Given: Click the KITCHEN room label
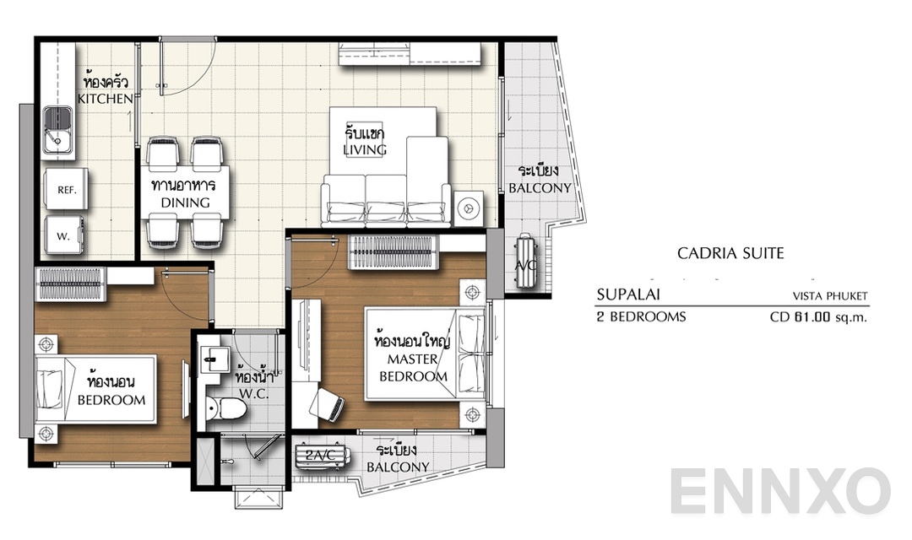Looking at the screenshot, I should (106, 99).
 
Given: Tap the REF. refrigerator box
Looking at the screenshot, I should (67, 191).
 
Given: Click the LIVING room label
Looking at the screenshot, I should (365, 150).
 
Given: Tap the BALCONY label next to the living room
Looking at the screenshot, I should (540, 188).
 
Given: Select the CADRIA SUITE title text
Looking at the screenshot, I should (730, 252).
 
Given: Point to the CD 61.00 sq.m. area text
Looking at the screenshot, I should (818, 318).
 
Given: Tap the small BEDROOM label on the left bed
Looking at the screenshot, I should (111, 400).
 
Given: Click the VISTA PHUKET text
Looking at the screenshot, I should (829, 296).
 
